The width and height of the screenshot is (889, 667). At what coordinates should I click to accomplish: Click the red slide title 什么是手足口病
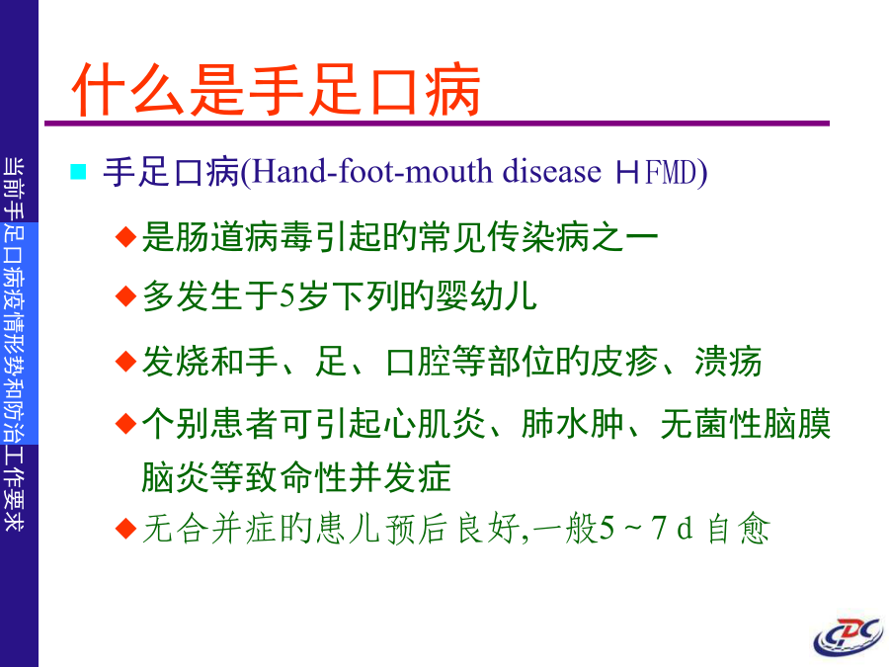(277, 90)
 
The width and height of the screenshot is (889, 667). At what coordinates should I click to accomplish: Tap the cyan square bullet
(78, 171)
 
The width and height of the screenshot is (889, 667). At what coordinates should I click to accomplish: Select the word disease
(551, 171)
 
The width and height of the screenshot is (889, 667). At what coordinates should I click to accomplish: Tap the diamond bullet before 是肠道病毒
(125, 236)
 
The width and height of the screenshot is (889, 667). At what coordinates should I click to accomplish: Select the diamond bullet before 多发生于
(125, 296)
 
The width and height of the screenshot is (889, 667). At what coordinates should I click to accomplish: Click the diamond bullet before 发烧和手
(125, 362)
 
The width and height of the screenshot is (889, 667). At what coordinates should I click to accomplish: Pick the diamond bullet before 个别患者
(125, 424)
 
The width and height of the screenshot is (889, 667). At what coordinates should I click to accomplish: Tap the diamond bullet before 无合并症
(125, 529)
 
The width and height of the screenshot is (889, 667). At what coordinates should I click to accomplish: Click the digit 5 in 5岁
(287, 296)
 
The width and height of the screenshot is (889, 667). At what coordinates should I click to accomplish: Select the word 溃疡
(729, 362)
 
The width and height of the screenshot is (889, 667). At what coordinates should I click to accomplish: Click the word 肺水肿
(573, 424)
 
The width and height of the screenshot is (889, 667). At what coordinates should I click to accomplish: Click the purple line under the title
(438, 124)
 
